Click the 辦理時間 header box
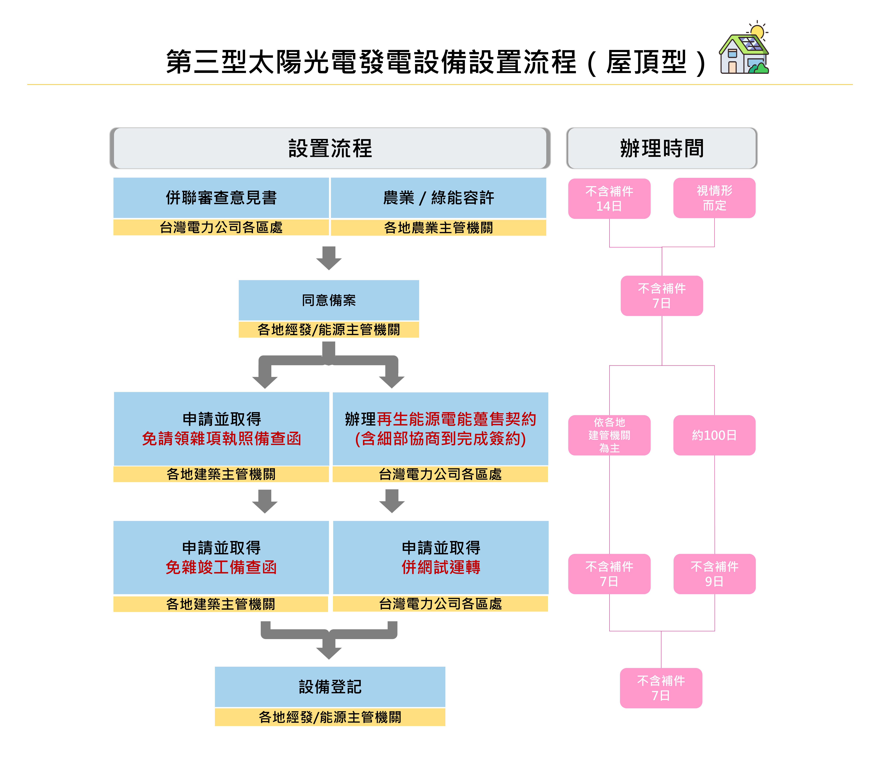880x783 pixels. pos(662,148)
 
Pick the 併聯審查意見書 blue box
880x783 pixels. pos(221,198)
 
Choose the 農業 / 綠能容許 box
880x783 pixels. pos(438,198)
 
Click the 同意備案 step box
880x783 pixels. pos(329,300)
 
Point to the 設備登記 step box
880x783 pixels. pos(330,687)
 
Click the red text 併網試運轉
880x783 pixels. pos(441,567)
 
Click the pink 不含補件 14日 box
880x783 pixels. pos(609,199)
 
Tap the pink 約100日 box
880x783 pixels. pos(714,435)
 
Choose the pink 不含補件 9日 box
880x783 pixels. pos(714,574)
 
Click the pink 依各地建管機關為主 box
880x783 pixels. pos(609,435)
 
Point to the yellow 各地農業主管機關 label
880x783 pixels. pos(438,228)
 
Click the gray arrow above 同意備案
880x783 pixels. pos(329,258)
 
